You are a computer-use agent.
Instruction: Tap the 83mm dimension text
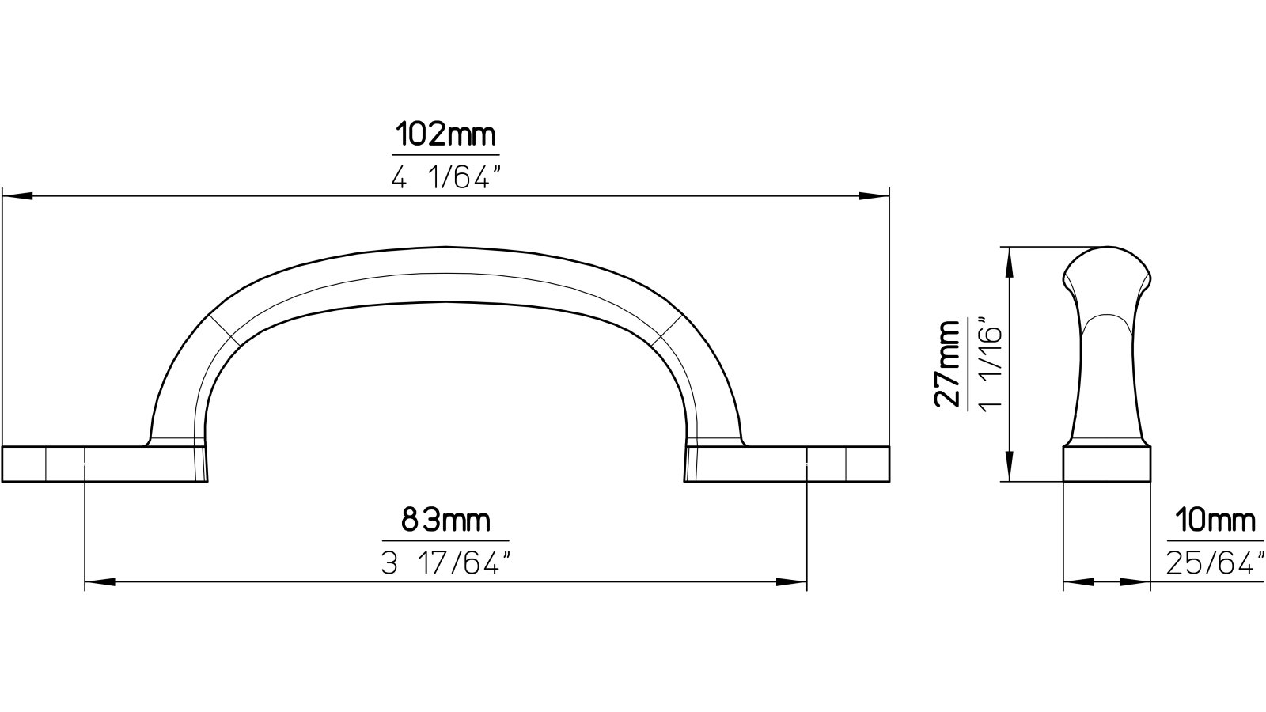coord(445,521)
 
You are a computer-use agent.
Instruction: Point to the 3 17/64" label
coord(445,564)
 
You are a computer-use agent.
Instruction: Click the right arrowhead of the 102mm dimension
coord(874,195)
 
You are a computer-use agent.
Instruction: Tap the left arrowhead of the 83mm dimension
coord(98,582)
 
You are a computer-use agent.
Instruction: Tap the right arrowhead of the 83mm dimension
coord(791,582)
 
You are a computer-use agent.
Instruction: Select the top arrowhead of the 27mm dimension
coord(1009,261)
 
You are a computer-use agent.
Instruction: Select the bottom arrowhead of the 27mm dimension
coord(1009,467)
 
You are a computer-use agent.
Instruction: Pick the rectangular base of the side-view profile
coord(1105,464)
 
